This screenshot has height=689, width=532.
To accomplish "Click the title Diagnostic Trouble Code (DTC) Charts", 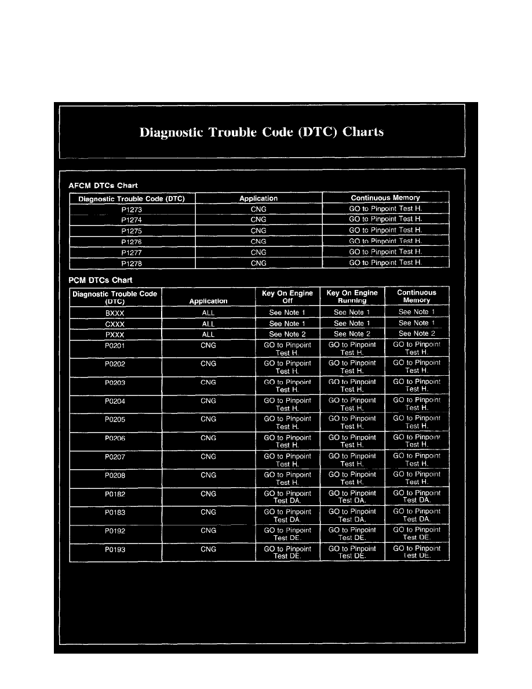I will tap(261, 132).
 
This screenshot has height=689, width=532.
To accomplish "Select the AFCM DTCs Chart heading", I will tap(103, 186).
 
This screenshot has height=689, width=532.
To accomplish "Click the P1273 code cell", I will tap(132, 209).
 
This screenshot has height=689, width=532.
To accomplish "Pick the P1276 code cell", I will tap(132, 242).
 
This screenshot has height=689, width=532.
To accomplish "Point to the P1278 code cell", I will tap(132, 263).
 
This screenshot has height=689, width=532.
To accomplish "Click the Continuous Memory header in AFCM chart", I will tap(385, 198).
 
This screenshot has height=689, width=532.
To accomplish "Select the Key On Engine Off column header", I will tap(287, 297).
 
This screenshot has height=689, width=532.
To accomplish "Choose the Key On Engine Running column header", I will tap(352, 297).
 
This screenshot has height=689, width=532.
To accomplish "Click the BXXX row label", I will tap(115, 313).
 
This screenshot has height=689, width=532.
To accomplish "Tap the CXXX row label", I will tap(115, 324).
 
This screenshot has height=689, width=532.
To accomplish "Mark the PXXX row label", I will tap(115, 335).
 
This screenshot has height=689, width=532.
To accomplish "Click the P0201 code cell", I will tap(115, 346).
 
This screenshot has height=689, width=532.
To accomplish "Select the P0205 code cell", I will tap(115, 419).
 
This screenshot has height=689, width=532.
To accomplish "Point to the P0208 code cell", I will tap(115, 475).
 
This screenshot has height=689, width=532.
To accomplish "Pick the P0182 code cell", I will tap(115, 494).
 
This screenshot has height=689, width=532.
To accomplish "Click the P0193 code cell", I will tap(115, 549).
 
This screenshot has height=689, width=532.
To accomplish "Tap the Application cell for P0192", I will tap(208, 531).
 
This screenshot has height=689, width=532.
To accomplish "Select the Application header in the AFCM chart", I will tap(258, 198).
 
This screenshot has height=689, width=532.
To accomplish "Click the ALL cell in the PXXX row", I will tap(208, 335).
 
